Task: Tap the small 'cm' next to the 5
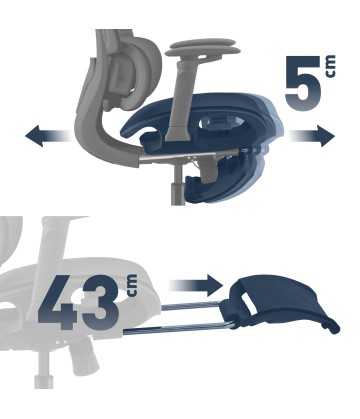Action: [331, 67]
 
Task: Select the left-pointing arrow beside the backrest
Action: [47, 136]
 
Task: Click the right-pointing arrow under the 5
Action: [312, 136]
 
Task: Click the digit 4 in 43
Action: [58, 302]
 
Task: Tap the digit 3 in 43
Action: [101, 302]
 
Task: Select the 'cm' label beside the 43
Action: [132, 285]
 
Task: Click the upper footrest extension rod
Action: [192, 305]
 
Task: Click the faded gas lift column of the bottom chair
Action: [44, 370]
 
